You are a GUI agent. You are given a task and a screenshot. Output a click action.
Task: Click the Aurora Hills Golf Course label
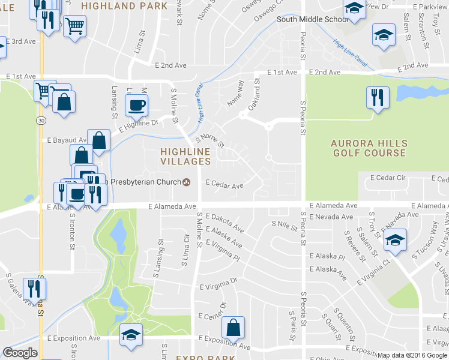tap(369, 148)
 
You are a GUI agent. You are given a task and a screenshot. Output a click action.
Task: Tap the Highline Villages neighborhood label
tap(185, 157)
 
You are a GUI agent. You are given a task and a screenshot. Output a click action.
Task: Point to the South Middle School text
tap(312, 19)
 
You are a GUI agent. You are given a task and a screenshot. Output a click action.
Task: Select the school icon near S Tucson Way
tap(394, 241)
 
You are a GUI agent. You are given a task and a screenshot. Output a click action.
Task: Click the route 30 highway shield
tap(41, 121)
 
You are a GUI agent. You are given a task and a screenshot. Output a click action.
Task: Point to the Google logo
tap(20, 353)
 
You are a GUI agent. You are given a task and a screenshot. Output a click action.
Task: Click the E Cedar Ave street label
tap(224, 185)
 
